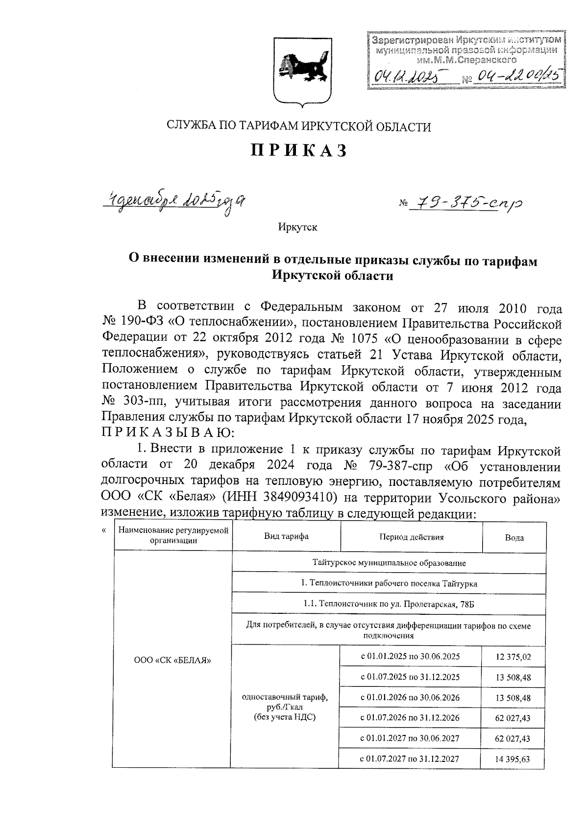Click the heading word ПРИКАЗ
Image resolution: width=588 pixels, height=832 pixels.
(298, 150)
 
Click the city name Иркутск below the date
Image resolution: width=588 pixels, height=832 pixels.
(297, 227)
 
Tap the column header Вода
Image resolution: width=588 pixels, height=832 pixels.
(514, 537)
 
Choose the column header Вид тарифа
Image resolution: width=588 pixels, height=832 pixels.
(286, 536)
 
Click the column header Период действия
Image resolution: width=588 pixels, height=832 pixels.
(411, 537)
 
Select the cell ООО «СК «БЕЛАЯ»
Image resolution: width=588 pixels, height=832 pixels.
(172, 660)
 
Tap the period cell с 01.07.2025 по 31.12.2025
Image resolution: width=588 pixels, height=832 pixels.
(410, 677)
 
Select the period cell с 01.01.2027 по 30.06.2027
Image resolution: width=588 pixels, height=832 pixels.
(410, 738)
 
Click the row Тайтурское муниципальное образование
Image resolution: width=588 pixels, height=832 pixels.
(389, 563)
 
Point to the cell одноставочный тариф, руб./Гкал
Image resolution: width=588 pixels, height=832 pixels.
(285, 707)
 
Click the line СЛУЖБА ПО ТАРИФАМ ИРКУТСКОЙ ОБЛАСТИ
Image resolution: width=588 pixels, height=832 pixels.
(298, 127)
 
